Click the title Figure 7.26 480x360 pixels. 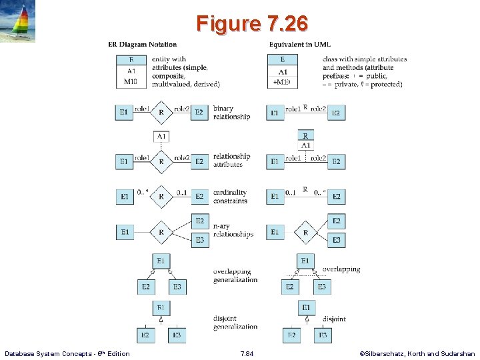coord(252,23)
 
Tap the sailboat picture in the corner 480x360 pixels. coord(19,22)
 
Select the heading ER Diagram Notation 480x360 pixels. coord(143,45)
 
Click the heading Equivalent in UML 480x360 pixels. coord(299,45)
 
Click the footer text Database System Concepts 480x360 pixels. coord(67,353)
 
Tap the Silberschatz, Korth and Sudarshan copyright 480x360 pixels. coord(417,353)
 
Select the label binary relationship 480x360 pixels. coord(231,113)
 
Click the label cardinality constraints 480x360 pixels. coord(230,197)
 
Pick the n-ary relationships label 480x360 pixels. coord(233,231)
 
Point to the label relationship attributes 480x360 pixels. coord(231,160)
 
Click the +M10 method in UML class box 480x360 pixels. coord(283,83)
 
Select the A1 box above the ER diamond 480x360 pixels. coord(161,137)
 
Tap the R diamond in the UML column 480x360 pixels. coord(305,232)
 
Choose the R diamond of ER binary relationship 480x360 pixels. coord(161,113)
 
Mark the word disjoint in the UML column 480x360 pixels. coord(334,319)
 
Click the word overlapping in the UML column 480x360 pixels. coord(341,269)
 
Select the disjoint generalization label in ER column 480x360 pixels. coord(235,323)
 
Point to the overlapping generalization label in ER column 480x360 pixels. coord(235,275)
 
